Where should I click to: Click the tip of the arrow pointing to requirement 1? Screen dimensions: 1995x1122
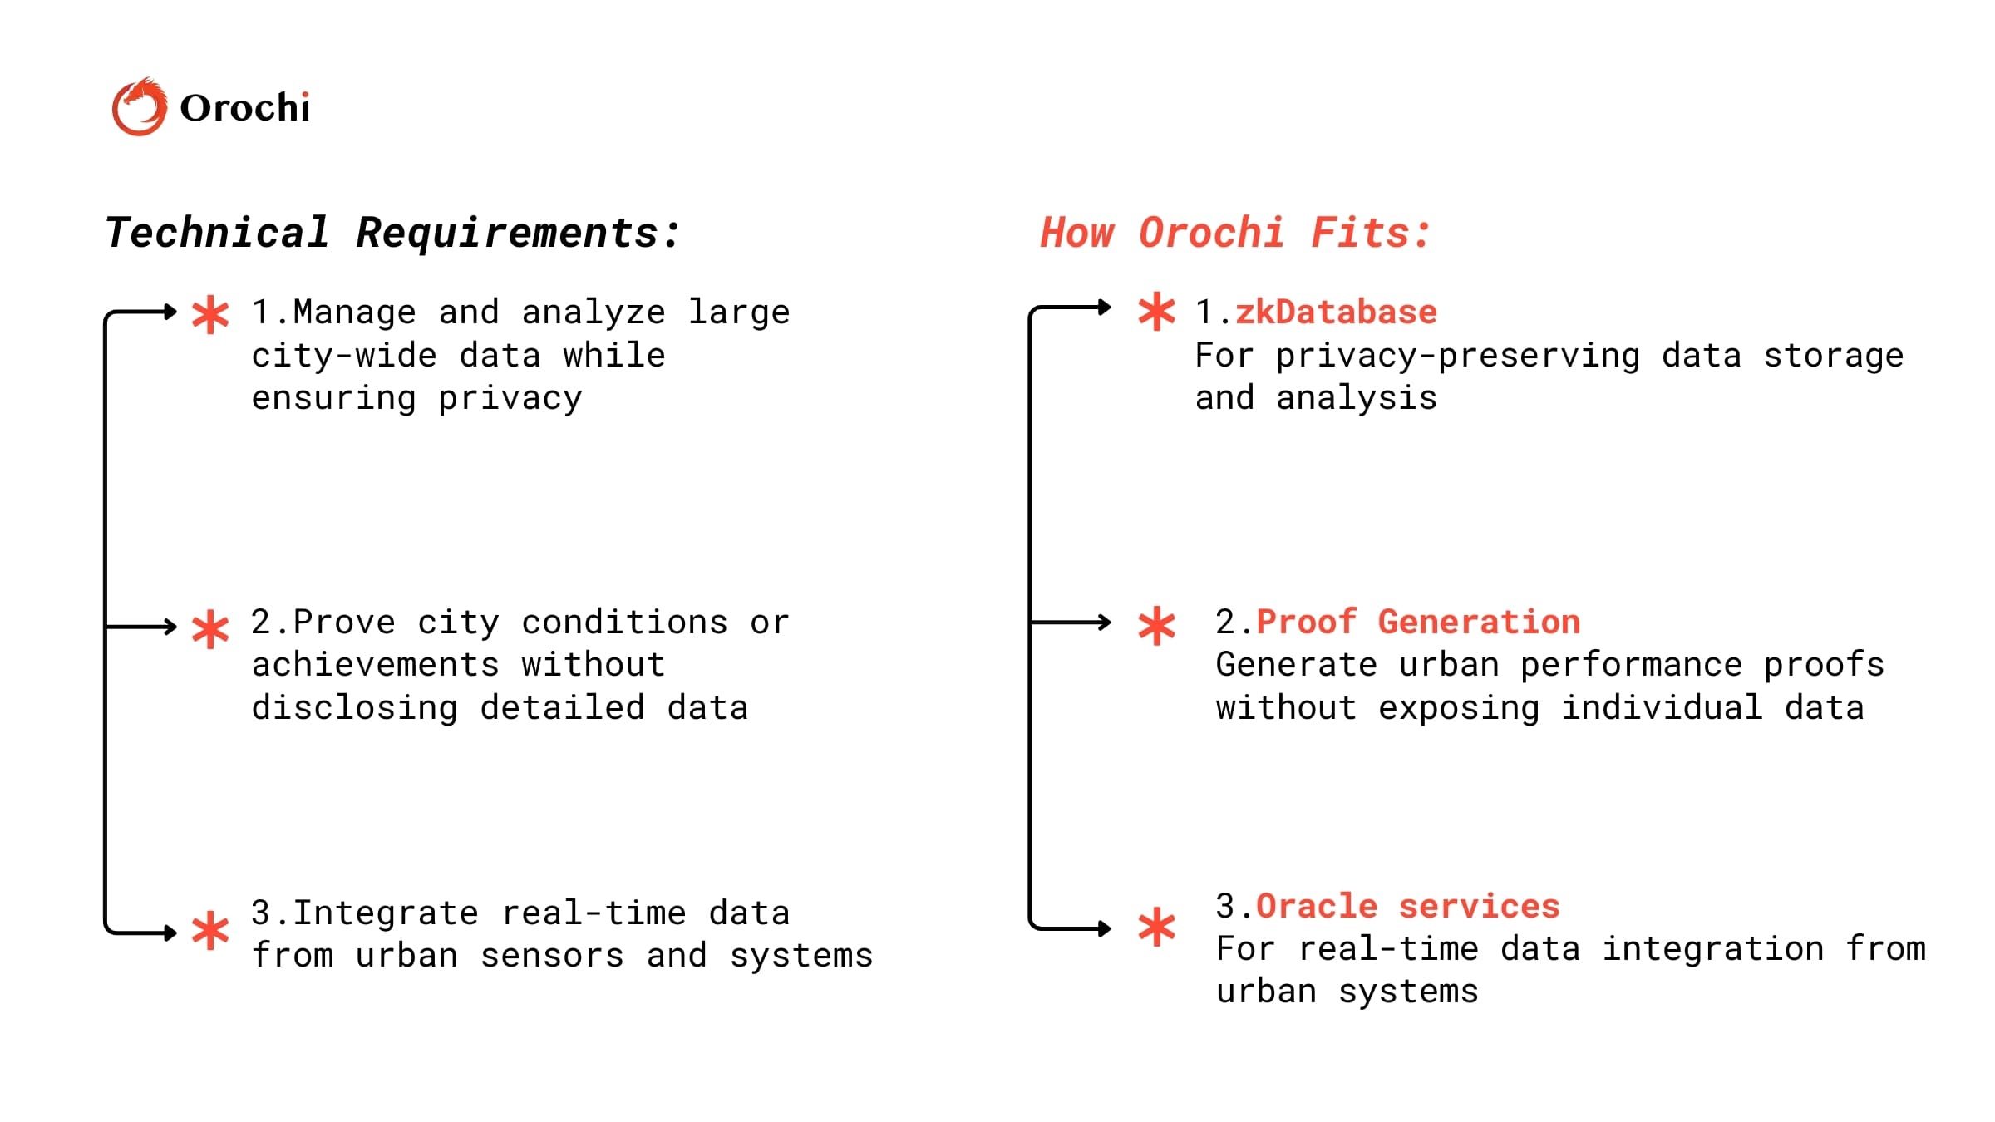click(x=177, y=312)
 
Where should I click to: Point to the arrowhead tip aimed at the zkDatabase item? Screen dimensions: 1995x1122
click(x=1111, y=308)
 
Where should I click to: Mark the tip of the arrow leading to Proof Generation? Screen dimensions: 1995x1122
click(x=1111, y=623)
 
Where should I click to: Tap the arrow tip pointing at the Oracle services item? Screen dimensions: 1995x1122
click(x=1111, y=928)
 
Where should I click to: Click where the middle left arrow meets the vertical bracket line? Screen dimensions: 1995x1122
click(x=106, y=626)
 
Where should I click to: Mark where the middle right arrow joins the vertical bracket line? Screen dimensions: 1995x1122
click(x=1031, y=622)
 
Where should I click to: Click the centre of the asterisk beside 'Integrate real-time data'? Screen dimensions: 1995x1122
click(x=210, y=931)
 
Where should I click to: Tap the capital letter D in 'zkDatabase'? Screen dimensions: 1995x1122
click(x=1286, y=312)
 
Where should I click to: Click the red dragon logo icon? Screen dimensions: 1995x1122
click(x=139, y=106)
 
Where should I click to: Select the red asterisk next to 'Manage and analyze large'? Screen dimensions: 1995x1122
click(x=210, y=315)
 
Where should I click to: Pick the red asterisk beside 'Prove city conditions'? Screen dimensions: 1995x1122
click(x=210, y=629)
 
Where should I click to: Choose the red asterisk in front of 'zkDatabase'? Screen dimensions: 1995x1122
click(x=1156, y=312)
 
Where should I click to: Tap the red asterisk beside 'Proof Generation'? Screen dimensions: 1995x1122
click(x=1156, y=627)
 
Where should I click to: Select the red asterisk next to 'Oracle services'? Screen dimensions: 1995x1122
click(x=1156, y=928)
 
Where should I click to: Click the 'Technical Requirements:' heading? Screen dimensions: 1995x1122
click(x=393, y=234)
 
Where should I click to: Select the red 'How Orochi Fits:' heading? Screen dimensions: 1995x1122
click(x=1235, y=234)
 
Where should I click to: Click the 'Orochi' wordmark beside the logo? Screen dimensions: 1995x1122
click(x=244, y=108)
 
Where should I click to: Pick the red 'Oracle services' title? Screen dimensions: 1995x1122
click(x=1408, y=906)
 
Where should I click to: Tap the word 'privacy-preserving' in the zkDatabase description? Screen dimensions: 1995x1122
click(x=1458, y=357)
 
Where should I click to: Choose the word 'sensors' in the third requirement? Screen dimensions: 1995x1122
click(x=552, y=956)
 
